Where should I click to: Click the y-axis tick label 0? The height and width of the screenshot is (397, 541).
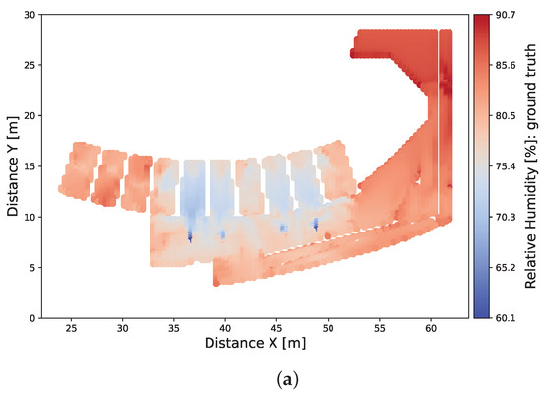coord(32,318)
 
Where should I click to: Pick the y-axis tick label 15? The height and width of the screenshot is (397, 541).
coord(29,166)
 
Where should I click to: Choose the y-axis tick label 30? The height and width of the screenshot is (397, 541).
coord(29,15)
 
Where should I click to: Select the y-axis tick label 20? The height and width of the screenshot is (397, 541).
coord(29,116)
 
